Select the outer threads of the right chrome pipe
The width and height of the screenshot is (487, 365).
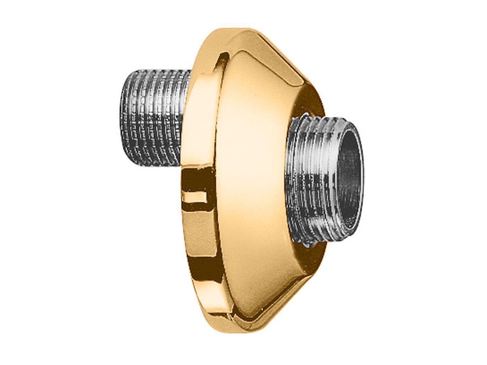point(312,177)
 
